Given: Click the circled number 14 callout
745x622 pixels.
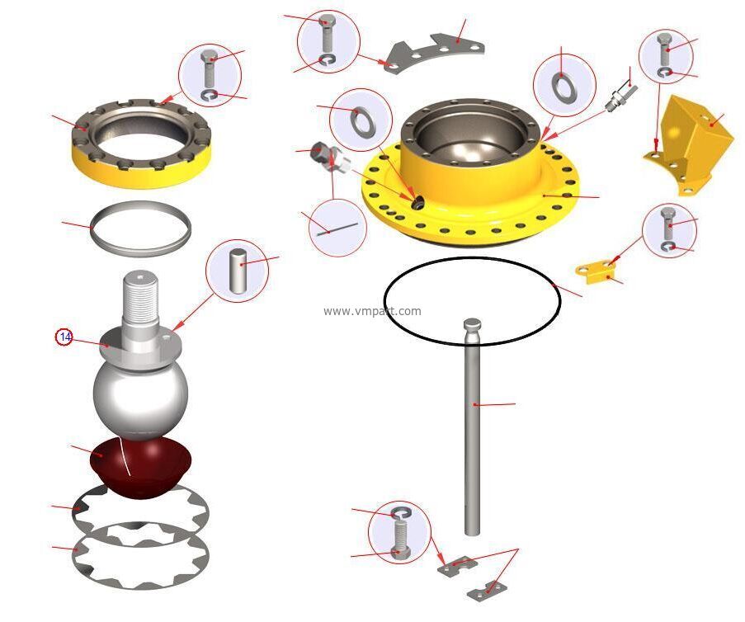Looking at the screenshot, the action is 64,337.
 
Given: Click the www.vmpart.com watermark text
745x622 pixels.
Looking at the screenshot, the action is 372,311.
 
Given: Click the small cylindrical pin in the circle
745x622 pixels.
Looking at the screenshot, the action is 237,271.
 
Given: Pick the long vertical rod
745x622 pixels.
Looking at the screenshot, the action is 472,426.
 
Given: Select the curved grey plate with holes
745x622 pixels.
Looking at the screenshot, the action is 435,52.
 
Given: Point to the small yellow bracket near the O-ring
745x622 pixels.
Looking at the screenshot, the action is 596,271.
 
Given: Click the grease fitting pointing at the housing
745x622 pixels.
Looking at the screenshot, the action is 620,96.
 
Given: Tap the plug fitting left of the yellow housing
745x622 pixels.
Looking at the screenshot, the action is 330,157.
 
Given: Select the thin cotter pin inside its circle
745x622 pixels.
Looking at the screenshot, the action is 338,229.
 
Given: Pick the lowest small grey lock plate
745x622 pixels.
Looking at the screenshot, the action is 487,590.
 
